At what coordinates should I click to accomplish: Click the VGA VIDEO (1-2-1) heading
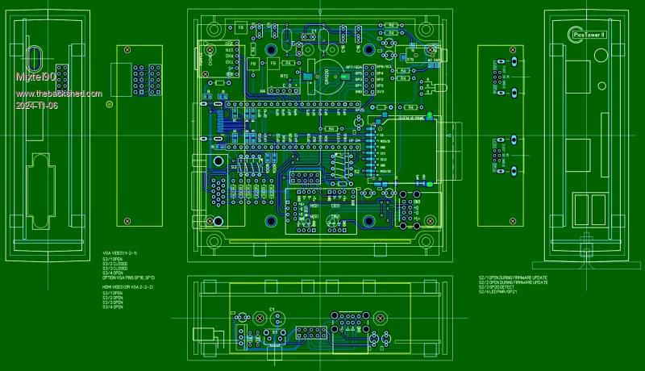click(120, 253)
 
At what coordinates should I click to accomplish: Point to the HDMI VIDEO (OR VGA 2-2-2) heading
click(128, 287)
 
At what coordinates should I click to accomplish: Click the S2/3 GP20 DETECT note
click(508, 288)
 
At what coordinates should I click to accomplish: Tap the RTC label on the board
click(284, 76)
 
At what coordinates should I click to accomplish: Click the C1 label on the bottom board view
click(273, 310)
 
